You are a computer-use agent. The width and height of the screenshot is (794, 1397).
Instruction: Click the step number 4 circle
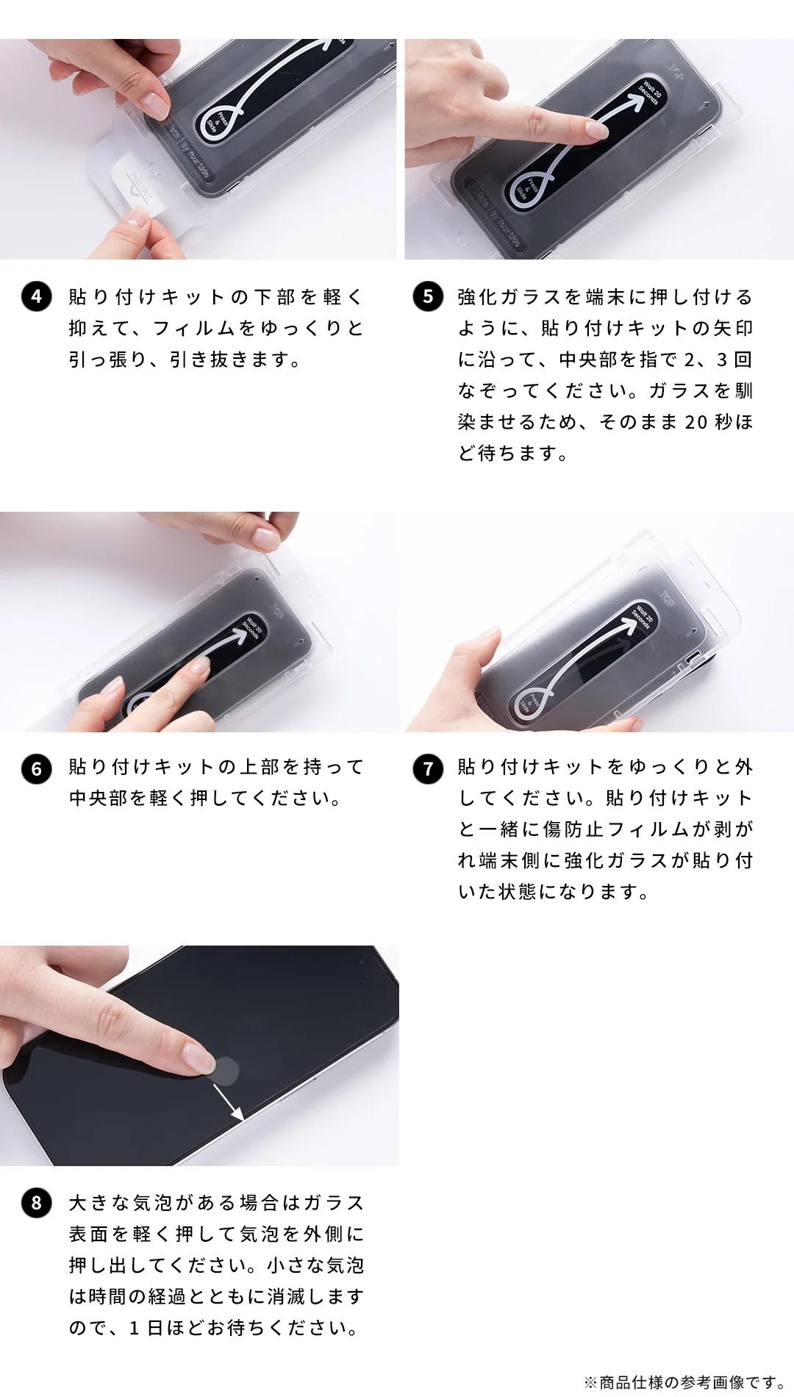[x=37, y=297]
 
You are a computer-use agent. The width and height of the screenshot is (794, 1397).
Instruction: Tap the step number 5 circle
[x=428, y=297]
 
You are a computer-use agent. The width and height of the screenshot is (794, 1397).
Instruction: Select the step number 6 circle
[x=37, y=769]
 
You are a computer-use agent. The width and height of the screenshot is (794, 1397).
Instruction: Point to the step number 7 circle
[x=428, y=769]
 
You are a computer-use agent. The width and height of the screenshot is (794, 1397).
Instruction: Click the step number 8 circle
[x=37, y=1204]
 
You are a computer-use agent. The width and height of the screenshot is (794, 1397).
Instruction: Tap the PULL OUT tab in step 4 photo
[x=140, y=185]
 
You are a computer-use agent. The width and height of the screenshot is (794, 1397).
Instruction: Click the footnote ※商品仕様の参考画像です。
[x=684, y=1382]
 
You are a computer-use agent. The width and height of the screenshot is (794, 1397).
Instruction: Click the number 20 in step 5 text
[x=695, y=422]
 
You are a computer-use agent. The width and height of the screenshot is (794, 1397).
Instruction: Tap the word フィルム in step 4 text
[x=193, y=329]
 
